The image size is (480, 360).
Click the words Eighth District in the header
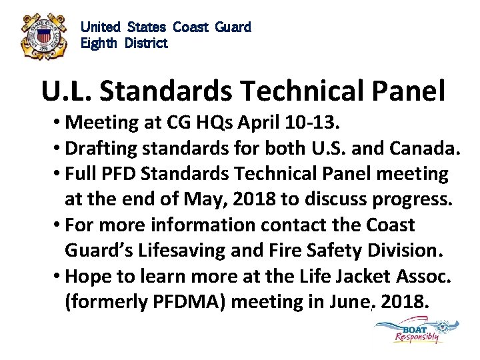(x=124, y=43)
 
